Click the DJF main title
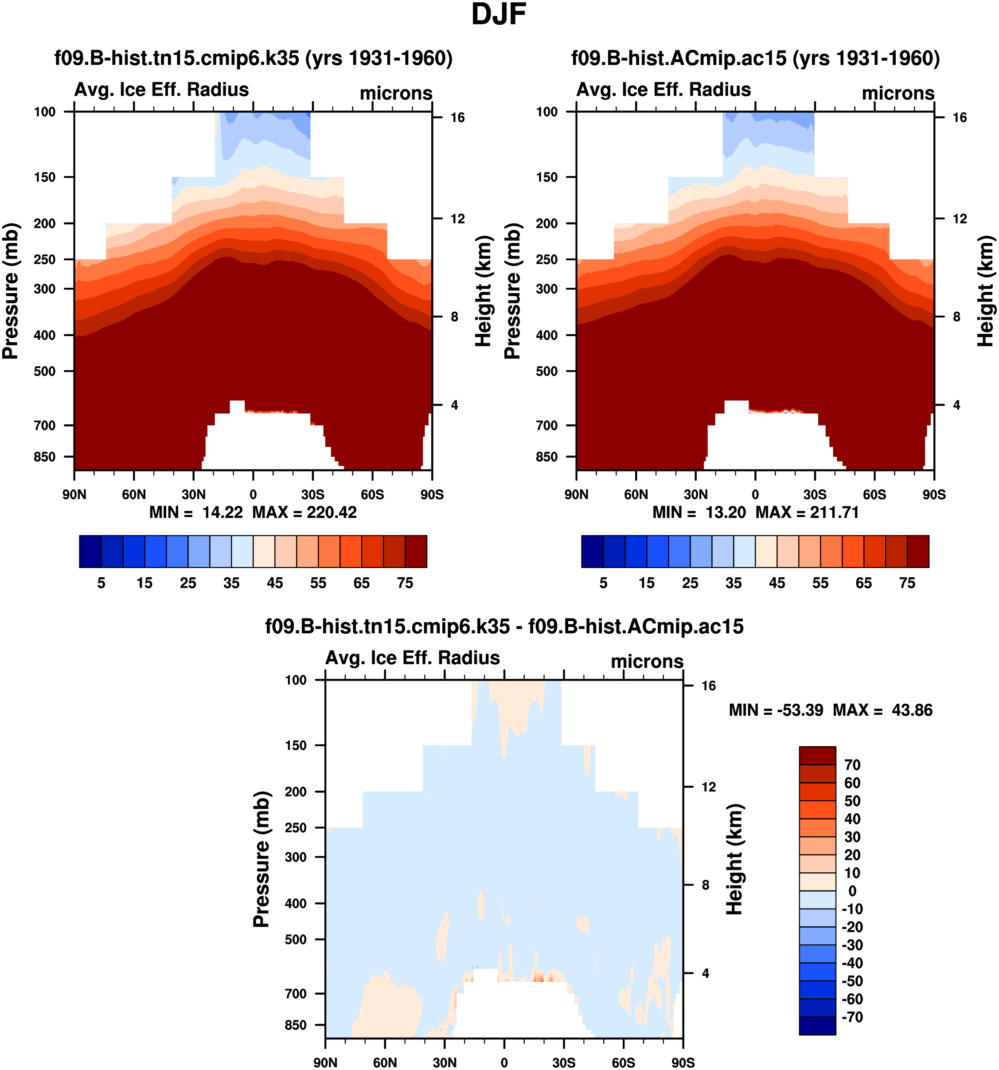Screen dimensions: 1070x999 pos(498,15)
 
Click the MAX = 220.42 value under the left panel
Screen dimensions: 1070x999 pos(304,513)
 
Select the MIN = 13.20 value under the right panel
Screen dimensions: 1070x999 pos(699,513)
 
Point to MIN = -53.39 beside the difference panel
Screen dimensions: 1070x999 pos(776,710)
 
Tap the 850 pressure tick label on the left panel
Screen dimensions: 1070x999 pos(45,457)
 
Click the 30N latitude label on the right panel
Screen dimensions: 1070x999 pos(695,494)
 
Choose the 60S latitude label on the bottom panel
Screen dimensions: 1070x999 pos(624,1062)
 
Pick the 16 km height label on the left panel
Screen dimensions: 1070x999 pos(457,118)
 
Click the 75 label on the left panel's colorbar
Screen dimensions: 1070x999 pos(405,584)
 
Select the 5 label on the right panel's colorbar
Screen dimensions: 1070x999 pos(603,584)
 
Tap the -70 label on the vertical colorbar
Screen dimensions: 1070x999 pos(852,1017)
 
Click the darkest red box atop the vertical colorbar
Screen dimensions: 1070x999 pos(817,756)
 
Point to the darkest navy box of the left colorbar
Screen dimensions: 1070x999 pos(90,551)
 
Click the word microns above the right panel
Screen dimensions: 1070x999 pos(898,94)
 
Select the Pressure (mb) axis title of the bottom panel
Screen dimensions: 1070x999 pos(261,859)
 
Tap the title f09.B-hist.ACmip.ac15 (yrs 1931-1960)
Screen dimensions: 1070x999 pos(755,58)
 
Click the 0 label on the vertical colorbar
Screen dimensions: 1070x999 pos(852,891)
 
